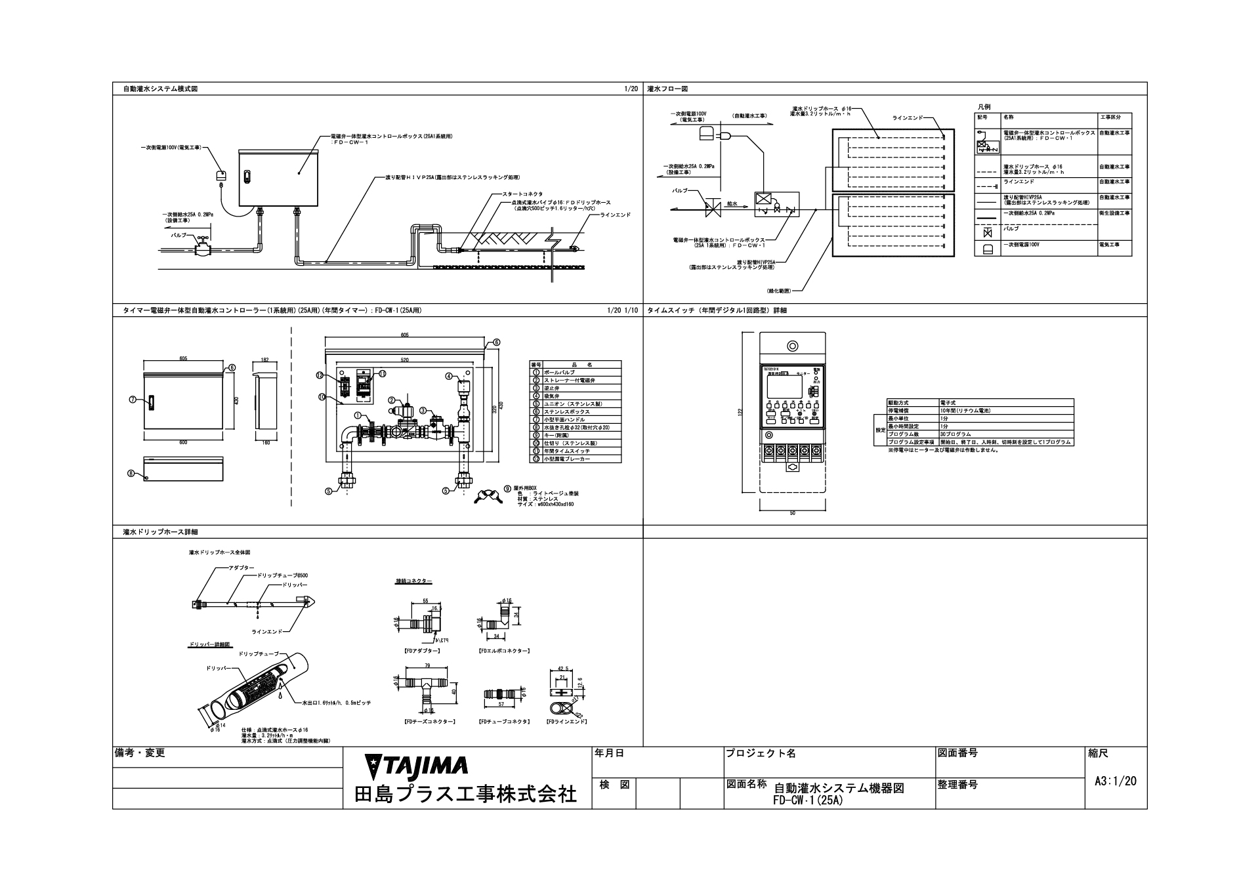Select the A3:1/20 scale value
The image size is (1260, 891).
[x=1115, y=781]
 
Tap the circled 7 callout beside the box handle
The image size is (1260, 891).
[x=133, y=398]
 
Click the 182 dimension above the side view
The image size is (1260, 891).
[x=264, y=360]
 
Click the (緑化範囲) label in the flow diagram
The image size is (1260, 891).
[x=778, y=290]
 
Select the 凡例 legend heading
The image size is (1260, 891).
[x=983, y=106]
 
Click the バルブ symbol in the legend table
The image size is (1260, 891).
[x=987, y=232]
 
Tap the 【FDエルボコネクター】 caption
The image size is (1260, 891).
[x=504, y=651]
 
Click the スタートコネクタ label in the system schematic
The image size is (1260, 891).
[x=522, y=194]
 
